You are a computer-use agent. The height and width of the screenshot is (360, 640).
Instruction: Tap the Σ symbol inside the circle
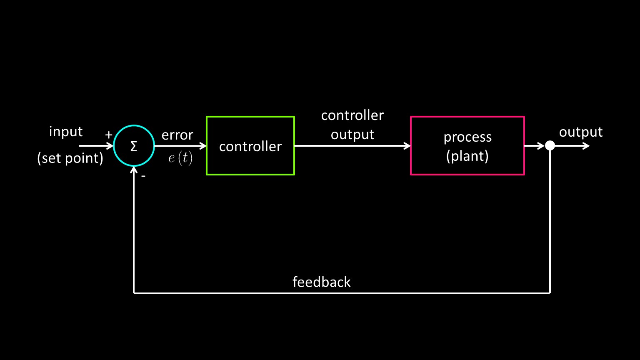click(134, 146)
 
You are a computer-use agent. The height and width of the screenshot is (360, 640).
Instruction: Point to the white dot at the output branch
click(550, 145)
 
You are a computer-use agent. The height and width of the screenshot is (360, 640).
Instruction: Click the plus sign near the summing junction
click(109, 135)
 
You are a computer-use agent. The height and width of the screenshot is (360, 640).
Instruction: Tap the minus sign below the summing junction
click(143, 176)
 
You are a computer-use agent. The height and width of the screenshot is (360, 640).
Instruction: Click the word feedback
click(321, 282)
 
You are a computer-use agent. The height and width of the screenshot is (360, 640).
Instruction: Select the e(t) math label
click(180, 159)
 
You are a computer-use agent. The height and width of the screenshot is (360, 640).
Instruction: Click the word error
click(177, 135)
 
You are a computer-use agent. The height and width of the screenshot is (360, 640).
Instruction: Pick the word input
click(66, 132)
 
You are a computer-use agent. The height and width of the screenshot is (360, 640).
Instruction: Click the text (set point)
click(70, 158)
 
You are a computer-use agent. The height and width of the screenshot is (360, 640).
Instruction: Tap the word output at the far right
click(581, 132)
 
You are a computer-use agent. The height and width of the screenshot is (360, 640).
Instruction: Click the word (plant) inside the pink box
click(467, 156)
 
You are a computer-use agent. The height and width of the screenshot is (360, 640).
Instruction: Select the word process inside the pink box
click(467, 137)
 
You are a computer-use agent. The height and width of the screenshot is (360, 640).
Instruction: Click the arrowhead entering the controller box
click(203, 146)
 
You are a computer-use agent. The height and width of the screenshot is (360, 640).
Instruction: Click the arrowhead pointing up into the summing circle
click(134, 170)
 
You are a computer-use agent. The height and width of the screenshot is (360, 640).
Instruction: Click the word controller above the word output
click(352, 115)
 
